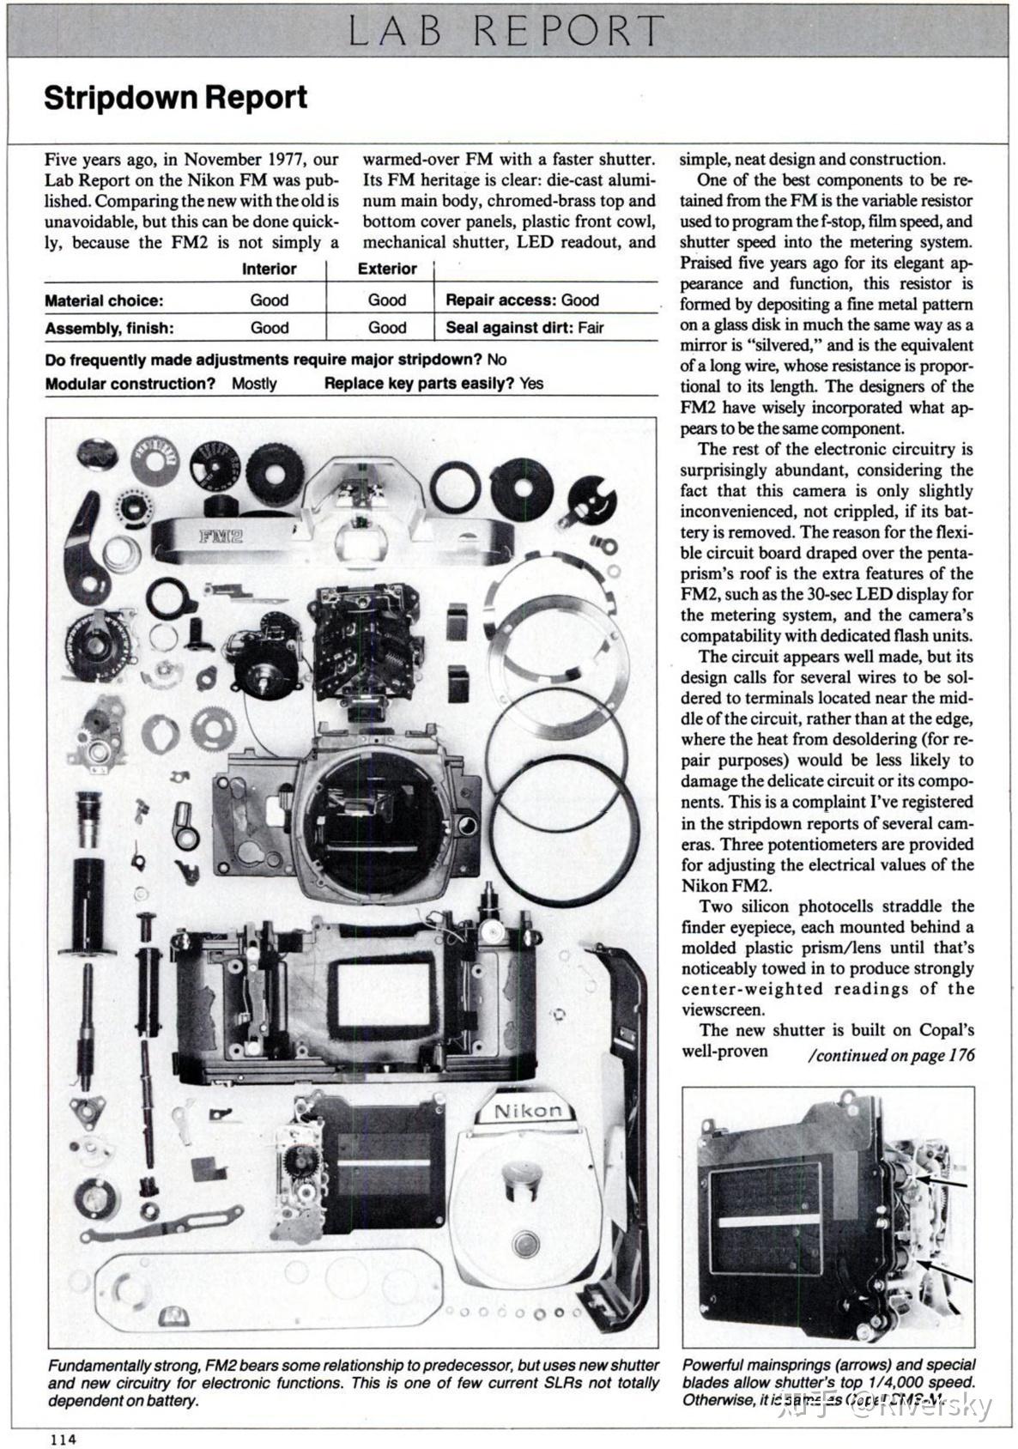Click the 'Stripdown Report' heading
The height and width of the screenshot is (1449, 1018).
(175, 98)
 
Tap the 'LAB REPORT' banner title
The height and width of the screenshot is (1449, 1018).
(506, 32)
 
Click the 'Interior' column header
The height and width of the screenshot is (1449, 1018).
(269, 270)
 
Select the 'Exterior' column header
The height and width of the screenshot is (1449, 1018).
(387, 270)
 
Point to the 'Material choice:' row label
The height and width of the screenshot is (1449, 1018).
(104, 301)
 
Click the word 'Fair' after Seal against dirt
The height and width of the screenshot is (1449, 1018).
(591, 328)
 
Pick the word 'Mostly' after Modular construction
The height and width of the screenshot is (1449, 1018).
(254, 384)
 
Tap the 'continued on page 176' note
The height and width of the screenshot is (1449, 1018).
(891, 1055)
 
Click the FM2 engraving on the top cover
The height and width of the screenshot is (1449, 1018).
(221, 537)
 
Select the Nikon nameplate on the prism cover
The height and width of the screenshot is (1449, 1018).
(528, 1112)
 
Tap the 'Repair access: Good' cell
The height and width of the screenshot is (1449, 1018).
(522, 300)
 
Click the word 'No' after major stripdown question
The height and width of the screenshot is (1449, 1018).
(496, 360)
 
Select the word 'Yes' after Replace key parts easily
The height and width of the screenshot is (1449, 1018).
(530, 384)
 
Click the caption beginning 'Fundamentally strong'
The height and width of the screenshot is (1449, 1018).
(353, 1383)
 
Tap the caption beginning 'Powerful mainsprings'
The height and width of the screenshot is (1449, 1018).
(828, 1383)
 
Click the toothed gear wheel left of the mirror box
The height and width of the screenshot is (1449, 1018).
(214, 730)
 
